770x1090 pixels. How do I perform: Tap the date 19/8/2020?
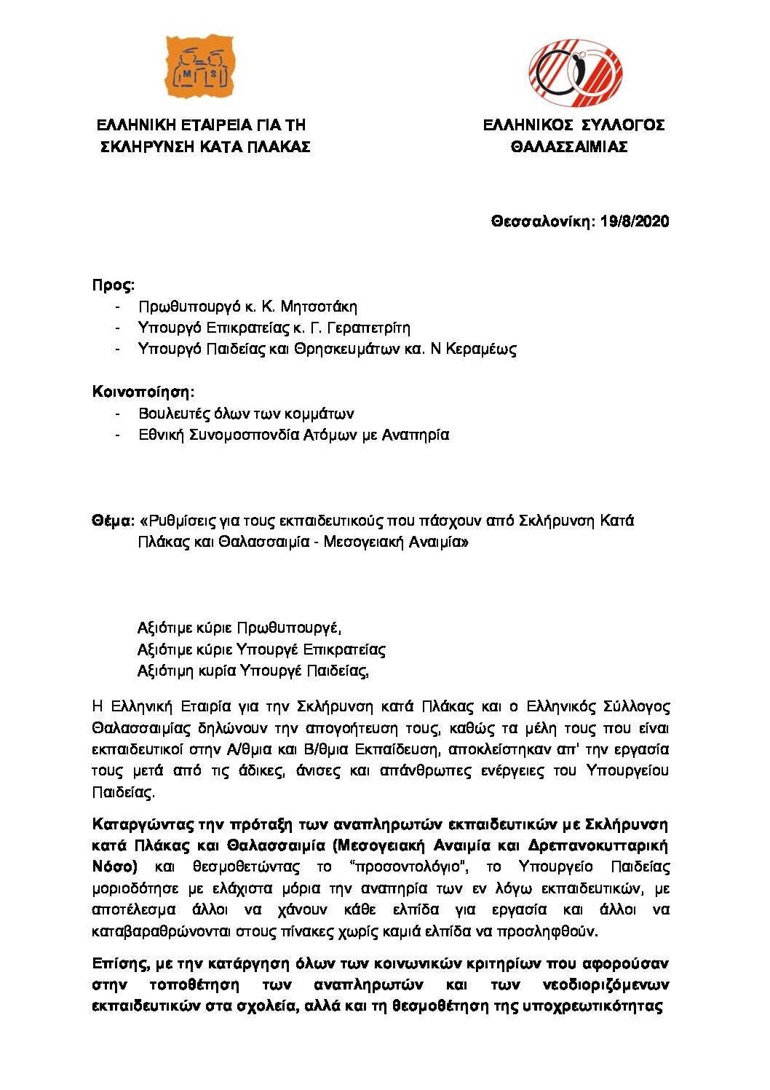[x=635, y=221]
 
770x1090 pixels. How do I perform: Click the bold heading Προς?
[x=114, y=285]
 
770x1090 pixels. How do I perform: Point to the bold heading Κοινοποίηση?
[x=143, y=392]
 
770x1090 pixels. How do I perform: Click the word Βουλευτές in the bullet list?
[x=175, y=414]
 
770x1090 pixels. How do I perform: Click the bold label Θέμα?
[x=113, y=521]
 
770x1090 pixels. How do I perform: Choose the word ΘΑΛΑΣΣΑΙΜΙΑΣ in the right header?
[x=569, y=147]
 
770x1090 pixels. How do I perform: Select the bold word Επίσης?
[x=121, y=963]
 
